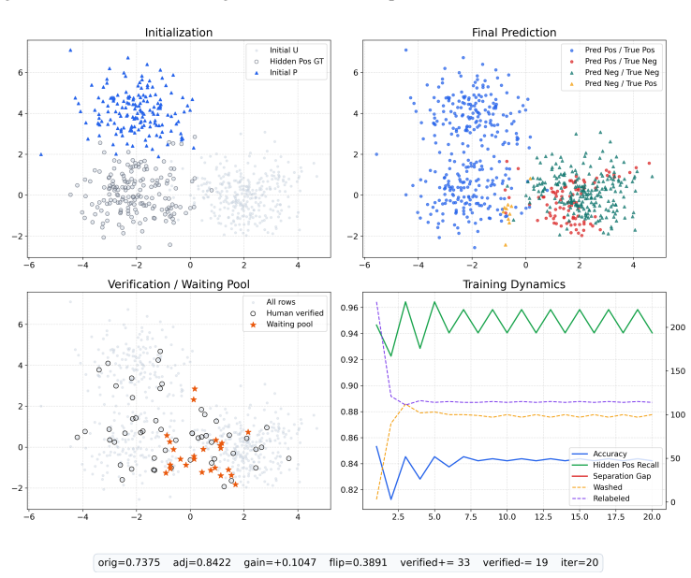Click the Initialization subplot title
(179, 33)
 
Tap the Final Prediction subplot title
(514, 33)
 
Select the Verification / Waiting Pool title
(179, 284)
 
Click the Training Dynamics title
(514, 284)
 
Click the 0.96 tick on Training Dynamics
(349, 308)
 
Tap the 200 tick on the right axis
(678, 327)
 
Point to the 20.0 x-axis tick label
(653, 517)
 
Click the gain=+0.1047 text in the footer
(280, 562)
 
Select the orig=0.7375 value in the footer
(128, 562)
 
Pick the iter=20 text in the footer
(580, 562)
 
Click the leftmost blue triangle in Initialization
(41, 154)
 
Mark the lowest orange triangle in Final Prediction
(506, 245)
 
